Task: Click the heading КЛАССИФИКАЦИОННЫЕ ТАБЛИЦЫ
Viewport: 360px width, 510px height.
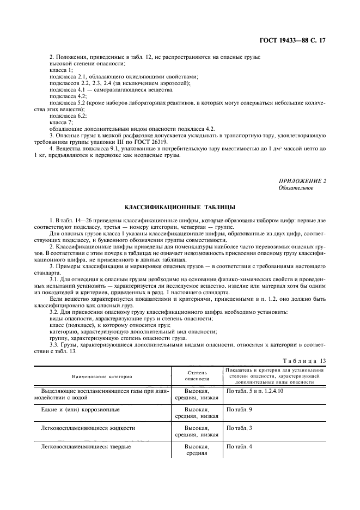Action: [180, 208]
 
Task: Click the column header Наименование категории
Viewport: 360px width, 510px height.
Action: [102, 377]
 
